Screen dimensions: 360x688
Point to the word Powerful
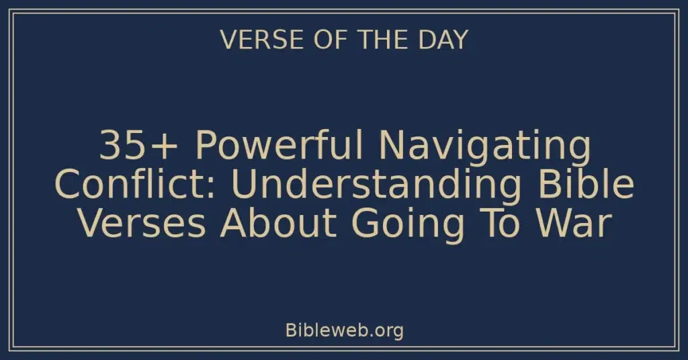coord(282,146)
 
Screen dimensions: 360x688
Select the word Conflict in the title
coord(138,186)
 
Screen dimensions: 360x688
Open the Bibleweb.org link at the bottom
coord(344,331)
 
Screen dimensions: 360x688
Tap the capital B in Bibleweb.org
coord(291,330)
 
